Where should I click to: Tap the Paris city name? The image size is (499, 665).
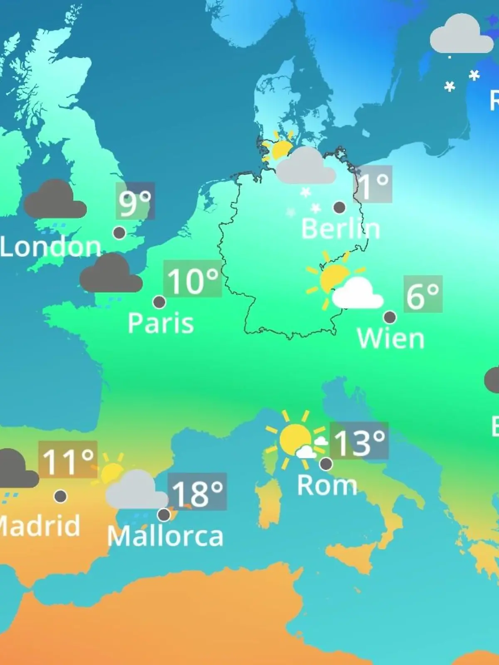click(x=161, y=323)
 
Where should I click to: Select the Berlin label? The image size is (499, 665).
click(x=340, y=229)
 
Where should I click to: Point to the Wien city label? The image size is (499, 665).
click(x=390, y=338)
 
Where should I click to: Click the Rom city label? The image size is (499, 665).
click(x=327, y=485)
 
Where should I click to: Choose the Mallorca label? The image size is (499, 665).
click(x=165, y=536)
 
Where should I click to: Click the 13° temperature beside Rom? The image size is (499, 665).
click(x=359, y=441)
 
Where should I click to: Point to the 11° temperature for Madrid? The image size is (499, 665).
click(x=68, y=461)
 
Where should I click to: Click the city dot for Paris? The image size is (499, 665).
click(x=159, y=302)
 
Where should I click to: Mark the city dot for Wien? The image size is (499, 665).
click(x=390, y=318)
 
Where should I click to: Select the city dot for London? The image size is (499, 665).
click(x=119, y=233)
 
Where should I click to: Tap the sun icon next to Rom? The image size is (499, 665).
click(x=295, y=438)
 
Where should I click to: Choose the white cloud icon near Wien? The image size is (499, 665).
click(x=358, y=295)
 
